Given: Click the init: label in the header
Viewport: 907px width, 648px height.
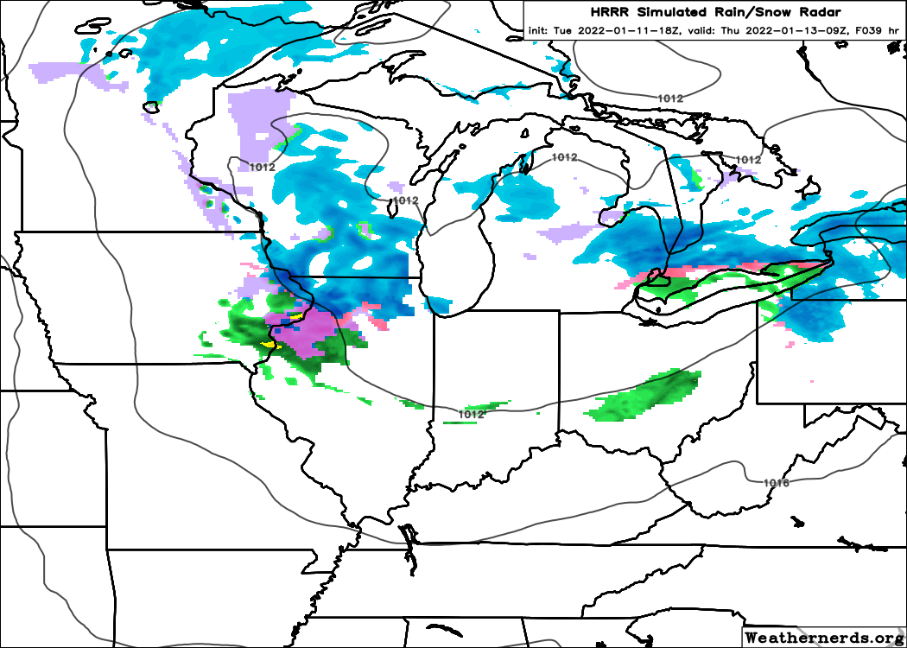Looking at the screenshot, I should (539, 31).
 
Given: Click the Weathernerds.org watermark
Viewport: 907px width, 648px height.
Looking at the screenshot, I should (823, 638).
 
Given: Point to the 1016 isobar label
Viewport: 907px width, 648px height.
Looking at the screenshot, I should (777, 482).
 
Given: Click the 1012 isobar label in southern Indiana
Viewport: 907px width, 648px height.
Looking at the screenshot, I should (470, 415).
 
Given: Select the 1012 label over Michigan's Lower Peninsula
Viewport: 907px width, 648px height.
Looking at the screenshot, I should (563, 157).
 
